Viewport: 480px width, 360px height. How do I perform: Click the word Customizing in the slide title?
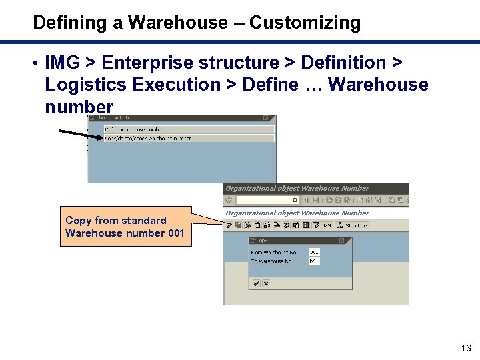(x=305, y=23)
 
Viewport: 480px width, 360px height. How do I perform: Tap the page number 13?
(x=465, y=347)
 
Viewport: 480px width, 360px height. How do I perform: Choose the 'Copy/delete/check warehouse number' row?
(x=148, y=138)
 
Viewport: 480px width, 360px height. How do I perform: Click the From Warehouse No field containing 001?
(x=314, y=252)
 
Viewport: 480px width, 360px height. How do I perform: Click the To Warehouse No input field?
(x=314, y=261)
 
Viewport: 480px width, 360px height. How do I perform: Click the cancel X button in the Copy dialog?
(x=266, y=283)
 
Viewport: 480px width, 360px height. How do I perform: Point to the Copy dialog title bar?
(x=293, y=240)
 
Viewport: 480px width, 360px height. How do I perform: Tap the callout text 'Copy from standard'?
(x=116, y=220)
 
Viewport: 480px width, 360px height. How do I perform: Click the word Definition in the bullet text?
(x=343, y=63)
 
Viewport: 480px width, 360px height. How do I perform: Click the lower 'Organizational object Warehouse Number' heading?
(x=297, y=213)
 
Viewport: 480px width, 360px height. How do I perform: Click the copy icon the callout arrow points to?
(x=238, y=225)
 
